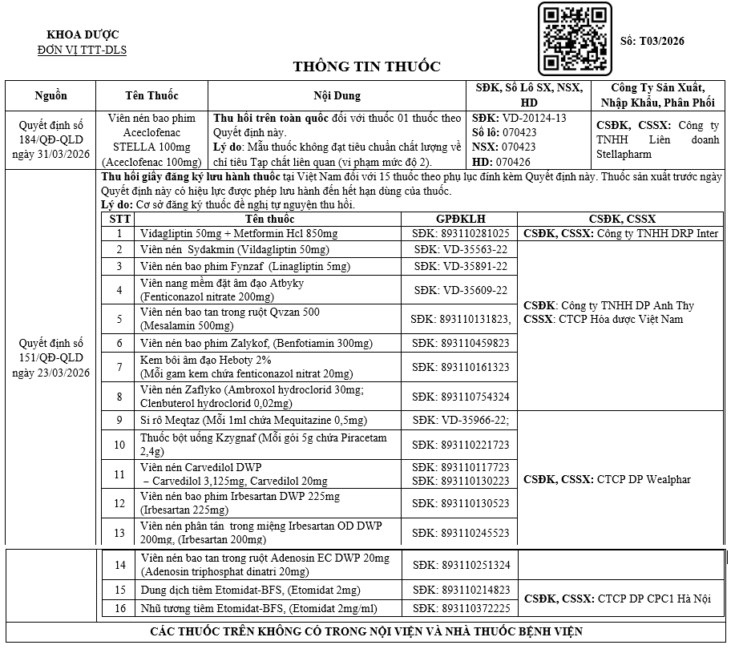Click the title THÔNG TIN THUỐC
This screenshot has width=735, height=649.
366,67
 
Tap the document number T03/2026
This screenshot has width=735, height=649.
653,41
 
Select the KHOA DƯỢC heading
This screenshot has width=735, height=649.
83,34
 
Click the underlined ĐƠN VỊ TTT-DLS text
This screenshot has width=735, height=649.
83,50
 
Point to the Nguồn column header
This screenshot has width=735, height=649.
51,95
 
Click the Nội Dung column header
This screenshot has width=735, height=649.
337,95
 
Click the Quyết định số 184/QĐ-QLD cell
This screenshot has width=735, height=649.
51,139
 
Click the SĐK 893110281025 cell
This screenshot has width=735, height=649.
461,233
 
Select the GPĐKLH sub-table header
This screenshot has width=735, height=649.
461,219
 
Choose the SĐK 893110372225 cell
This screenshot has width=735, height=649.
461,608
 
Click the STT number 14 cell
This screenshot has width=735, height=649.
119,565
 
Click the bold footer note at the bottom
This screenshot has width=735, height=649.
366,631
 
